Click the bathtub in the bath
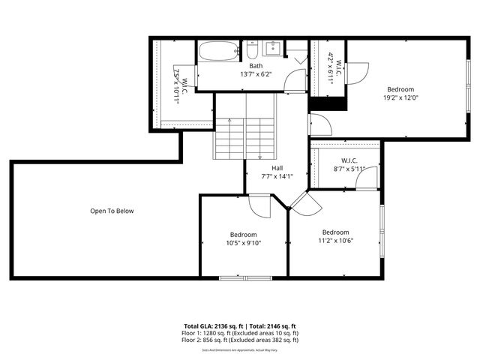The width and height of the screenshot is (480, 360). [218, 52]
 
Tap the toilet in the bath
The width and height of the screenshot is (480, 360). [253, 52]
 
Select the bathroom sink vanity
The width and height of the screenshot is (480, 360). [272, 49]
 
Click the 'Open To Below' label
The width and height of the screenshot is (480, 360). [112, 211]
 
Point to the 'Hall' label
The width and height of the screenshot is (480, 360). [277, 168]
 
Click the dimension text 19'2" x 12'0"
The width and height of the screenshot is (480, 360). [400, 97]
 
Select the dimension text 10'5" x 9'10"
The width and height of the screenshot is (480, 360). [244, 243]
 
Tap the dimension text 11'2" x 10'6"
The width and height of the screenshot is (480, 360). [335, 241]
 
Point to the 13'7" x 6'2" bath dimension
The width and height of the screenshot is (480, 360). [256, 74]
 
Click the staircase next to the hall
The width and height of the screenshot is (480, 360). [245, 139]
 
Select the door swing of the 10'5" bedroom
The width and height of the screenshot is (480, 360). [259, 205]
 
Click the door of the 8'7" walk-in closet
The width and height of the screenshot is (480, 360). [366, 181]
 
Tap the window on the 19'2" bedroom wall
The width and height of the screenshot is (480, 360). [468, 76]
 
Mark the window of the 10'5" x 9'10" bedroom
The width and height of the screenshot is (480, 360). [245, 278]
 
